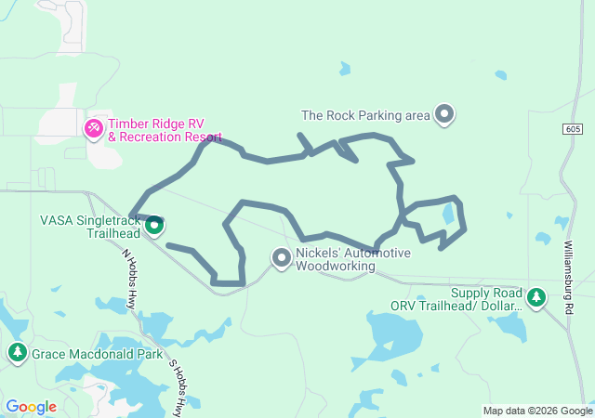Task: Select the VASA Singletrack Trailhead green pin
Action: (155, 224)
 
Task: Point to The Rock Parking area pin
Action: (444, 115)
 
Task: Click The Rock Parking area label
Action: (365, 116)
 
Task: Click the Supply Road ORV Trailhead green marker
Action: (535, 297)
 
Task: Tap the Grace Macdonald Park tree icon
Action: (18, 353)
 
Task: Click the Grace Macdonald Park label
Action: (88, 354)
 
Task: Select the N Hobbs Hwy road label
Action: (131, 279)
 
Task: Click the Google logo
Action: (32, 407)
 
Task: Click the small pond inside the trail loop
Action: (449, 214)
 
